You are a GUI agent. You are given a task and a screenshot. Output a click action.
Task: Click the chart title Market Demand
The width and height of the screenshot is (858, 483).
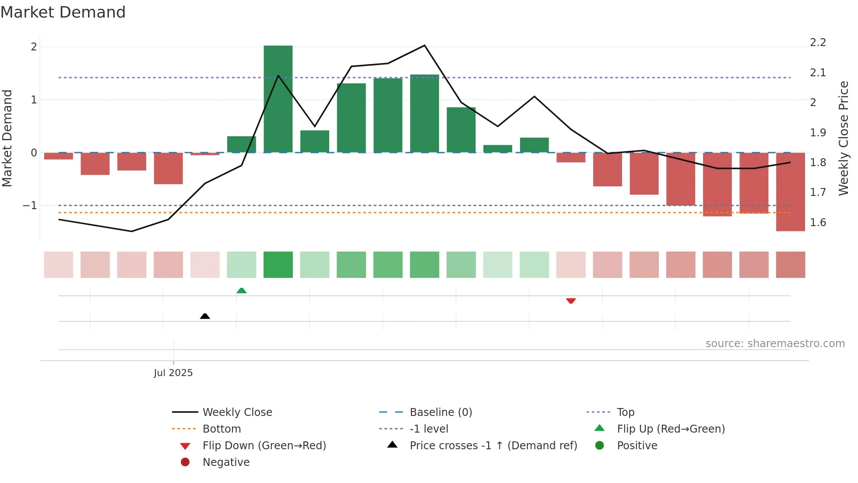click(x=63, y=12)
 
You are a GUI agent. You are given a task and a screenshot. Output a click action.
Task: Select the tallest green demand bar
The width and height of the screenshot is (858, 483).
click(x=278, y=99)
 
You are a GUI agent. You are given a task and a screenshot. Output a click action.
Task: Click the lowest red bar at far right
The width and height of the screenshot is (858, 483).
click(x=790, y=192)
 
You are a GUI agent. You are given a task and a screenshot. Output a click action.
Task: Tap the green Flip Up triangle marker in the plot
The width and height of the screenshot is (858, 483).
click(x=241, y=291)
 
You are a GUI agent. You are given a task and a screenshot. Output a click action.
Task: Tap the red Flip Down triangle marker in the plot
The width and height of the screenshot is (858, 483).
click(x=571, y=301)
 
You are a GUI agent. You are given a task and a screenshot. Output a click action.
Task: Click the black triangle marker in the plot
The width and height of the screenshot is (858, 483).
click(x=205, y=316)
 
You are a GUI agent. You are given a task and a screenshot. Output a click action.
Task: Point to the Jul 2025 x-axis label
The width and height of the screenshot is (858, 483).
click(x=173, y=373)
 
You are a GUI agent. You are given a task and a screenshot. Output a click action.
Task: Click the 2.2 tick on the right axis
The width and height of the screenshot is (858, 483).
click(x=818, y=43)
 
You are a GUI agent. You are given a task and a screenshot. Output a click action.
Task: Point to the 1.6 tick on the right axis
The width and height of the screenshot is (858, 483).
click(x=818, y=223)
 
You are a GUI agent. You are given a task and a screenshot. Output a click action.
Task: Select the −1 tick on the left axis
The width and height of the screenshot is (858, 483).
click(x=30, y=206)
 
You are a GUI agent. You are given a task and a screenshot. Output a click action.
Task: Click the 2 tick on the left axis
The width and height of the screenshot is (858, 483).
click(x=34, y=47)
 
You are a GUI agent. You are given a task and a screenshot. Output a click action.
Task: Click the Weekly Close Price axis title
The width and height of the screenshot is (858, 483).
click(x=843, y=138)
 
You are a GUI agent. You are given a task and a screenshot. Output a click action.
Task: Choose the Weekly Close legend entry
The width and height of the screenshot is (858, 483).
click(x=237, y=412)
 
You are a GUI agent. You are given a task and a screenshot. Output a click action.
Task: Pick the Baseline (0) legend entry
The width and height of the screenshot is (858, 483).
click(x=440, y=412)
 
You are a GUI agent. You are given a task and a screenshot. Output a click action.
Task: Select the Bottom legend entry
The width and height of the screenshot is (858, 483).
click(x=222, y=429)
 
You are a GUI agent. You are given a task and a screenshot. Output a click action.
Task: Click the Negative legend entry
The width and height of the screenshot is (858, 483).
click(x=226, y=462)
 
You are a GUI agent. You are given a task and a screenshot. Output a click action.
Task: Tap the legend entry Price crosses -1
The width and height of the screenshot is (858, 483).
click(x=493, y=445)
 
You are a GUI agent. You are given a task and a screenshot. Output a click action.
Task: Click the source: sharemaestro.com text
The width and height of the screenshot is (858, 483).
click(x=775, y=344)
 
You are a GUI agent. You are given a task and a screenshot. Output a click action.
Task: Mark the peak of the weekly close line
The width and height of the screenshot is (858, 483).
click(x=424, y=45)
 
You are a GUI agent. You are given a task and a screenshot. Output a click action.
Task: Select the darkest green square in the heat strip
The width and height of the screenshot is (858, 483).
click(x=278, y=265)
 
